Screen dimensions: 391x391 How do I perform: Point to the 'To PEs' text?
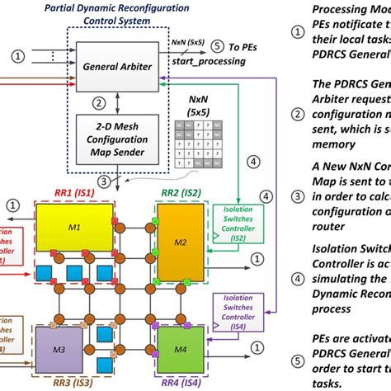(244, 46)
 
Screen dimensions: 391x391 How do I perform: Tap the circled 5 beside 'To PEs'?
(216, 45)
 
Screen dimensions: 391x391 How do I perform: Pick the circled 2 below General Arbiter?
(99, 103)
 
